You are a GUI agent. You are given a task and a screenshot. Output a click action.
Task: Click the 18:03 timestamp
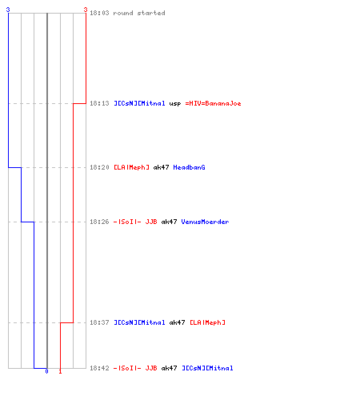click(99, 13)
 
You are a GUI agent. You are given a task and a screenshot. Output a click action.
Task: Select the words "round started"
click(139, 13)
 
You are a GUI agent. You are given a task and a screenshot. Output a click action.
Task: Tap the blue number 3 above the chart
click(8, 10)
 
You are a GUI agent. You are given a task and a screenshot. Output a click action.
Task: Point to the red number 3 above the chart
click(86, 10)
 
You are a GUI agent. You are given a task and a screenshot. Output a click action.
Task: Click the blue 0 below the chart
click(46, 371)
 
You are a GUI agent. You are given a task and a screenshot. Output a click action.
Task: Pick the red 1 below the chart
click(60, 371)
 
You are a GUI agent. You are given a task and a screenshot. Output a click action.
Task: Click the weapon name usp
click(175, 103)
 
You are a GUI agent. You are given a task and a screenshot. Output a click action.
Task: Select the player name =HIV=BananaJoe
click(213, 103)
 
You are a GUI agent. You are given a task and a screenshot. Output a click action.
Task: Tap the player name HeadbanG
click(189, 167)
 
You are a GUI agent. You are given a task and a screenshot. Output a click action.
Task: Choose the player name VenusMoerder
click(205, 222)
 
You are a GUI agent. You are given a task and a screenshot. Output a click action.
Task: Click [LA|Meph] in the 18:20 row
click(131, 167)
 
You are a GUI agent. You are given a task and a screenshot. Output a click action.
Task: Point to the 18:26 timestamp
click(99, 222)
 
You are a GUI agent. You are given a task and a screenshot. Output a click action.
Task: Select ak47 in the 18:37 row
click(177, 322)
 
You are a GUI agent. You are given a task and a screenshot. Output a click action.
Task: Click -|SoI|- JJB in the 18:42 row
click(135, 368)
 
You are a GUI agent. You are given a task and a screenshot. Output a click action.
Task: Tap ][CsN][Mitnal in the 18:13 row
click(139, 103)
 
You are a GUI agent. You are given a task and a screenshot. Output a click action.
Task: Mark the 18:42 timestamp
click(99, 368)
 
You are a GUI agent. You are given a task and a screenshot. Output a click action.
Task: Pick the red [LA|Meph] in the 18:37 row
click(207, 322)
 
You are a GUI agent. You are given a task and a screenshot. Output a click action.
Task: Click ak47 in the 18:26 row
click(169, 222)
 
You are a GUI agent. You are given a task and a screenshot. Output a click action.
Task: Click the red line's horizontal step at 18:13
click(79, 103)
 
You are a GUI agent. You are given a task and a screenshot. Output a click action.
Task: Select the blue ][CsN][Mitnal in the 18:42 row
click(207, 368)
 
